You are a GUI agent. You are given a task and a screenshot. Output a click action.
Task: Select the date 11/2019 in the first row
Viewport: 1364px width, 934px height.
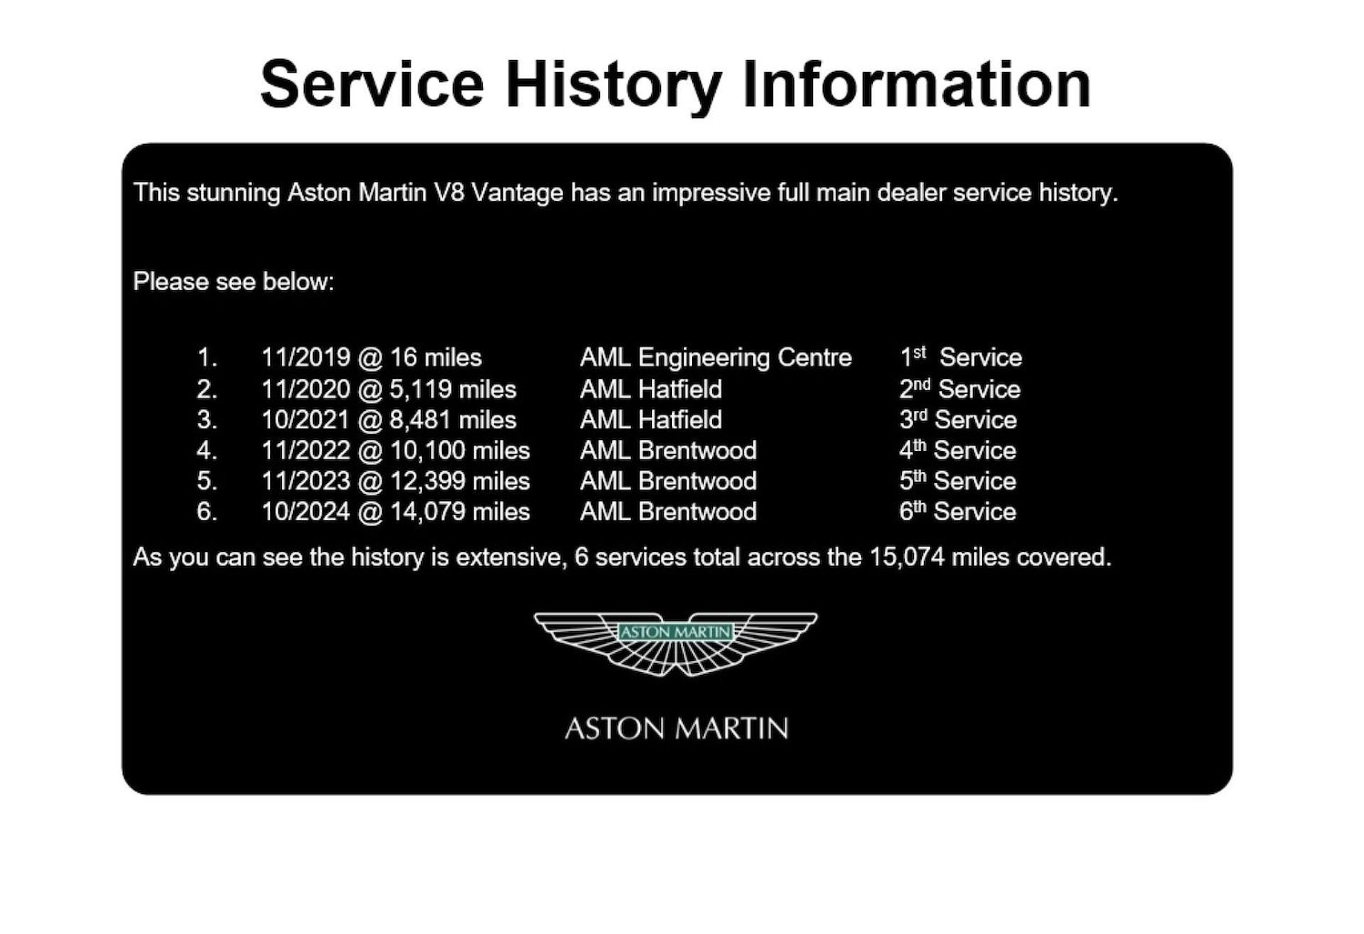(x=306, y=357)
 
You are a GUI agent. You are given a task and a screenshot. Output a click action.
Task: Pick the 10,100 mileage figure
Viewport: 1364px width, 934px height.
(x=427, y=451)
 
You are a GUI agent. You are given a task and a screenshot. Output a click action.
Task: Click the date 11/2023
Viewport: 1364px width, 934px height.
(x=306, y=481)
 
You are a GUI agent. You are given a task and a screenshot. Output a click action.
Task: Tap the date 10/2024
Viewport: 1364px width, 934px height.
(x=306, y=512)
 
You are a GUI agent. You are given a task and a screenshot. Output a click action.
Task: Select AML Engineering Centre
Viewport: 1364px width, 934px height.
(x=716, y=357)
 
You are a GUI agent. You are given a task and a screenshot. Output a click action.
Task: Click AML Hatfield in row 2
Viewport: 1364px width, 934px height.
(x=651, y=389)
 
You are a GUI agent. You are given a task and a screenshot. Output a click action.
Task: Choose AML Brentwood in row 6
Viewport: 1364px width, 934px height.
(x=668, y=512)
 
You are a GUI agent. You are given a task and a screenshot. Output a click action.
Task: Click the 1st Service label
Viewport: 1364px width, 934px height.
(x=960, y=357)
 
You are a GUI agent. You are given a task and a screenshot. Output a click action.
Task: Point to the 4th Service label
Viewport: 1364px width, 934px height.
(x=958, y=451)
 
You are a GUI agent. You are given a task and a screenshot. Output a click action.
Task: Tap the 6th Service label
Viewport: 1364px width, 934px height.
(x=958, y=512)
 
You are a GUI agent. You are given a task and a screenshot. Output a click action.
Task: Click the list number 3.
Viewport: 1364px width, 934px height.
(x=206, y=420)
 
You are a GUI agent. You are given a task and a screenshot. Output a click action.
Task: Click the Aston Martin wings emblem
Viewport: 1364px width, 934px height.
(x=676, y=643)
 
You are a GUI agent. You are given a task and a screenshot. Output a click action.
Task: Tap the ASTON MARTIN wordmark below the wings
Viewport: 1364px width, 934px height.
(x=676, y=728)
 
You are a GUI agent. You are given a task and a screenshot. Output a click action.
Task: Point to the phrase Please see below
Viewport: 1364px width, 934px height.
(x=234, y=282)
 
